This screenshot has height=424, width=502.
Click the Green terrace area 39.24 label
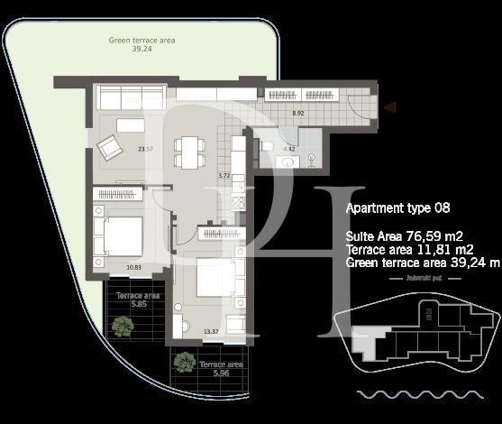pos(141,45)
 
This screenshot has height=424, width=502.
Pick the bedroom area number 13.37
pos(212,331)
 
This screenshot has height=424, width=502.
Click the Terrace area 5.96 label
pos(196,369)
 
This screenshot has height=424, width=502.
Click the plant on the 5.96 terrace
pos(184,363)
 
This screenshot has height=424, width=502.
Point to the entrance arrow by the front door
pos(388,108)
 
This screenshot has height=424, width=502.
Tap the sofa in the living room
pos(130,97)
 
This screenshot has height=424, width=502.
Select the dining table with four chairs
pos(187,152)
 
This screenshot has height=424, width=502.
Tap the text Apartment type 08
pos(397,207)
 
